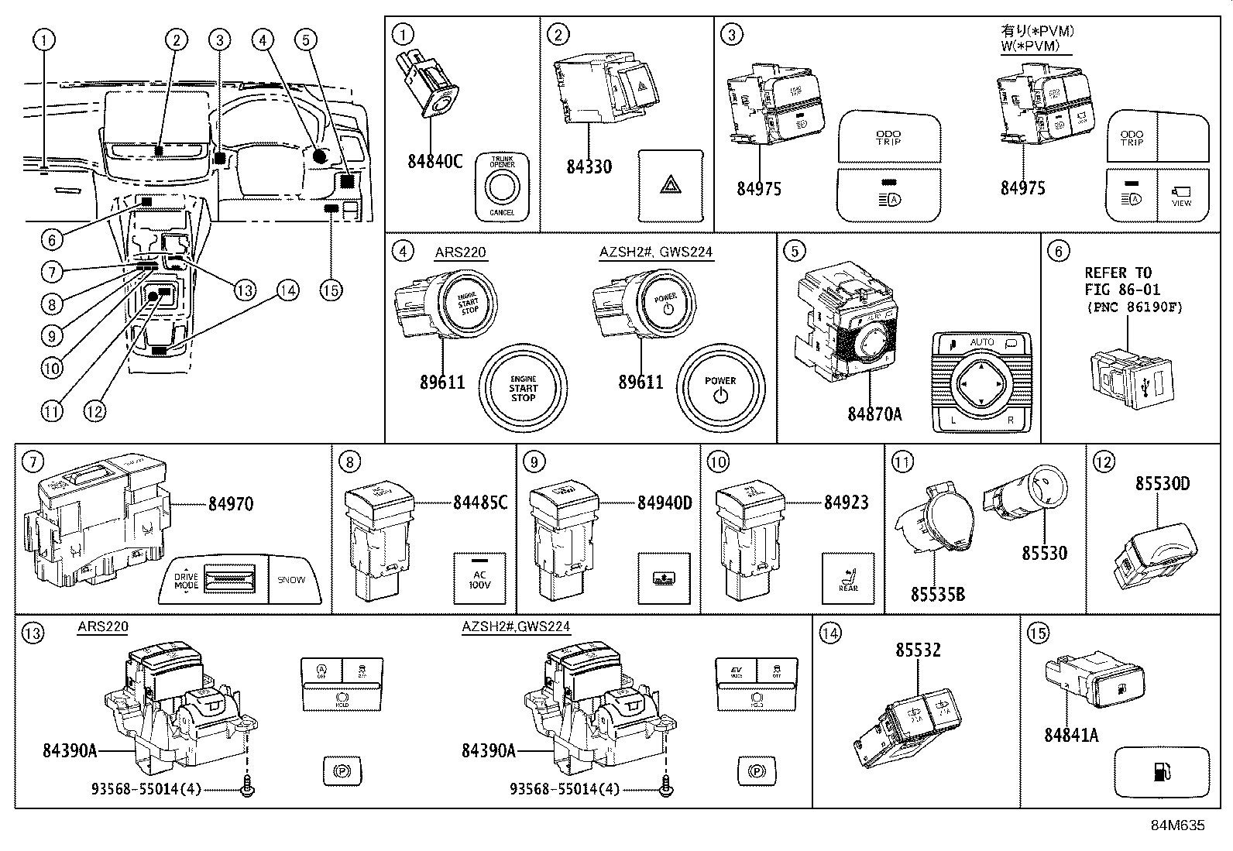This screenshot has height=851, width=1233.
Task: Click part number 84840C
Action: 434,161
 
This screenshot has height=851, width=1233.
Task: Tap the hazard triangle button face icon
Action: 670,184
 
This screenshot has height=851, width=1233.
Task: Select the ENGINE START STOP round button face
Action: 523,388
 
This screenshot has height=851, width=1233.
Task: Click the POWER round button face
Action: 720,388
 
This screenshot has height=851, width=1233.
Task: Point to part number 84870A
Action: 874,413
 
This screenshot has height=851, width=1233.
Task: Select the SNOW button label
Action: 291,579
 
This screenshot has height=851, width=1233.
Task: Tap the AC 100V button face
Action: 479,578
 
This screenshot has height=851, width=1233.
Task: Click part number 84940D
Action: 665,503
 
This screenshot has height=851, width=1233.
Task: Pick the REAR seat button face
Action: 847,578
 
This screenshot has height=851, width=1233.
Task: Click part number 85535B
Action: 937,595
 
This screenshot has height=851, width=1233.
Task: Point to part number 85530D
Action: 1162,483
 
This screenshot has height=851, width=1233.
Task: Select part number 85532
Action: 918,650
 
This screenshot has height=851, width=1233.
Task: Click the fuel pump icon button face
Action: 1161,771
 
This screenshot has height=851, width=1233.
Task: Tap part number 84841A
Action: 1071,735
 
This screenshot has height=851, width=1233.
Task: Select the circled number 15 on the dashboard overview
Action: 331,290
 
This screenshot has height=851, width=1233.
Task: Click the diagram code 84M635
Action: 1177,825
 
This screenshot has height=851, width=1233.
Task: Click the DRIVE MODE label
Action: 186,581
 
